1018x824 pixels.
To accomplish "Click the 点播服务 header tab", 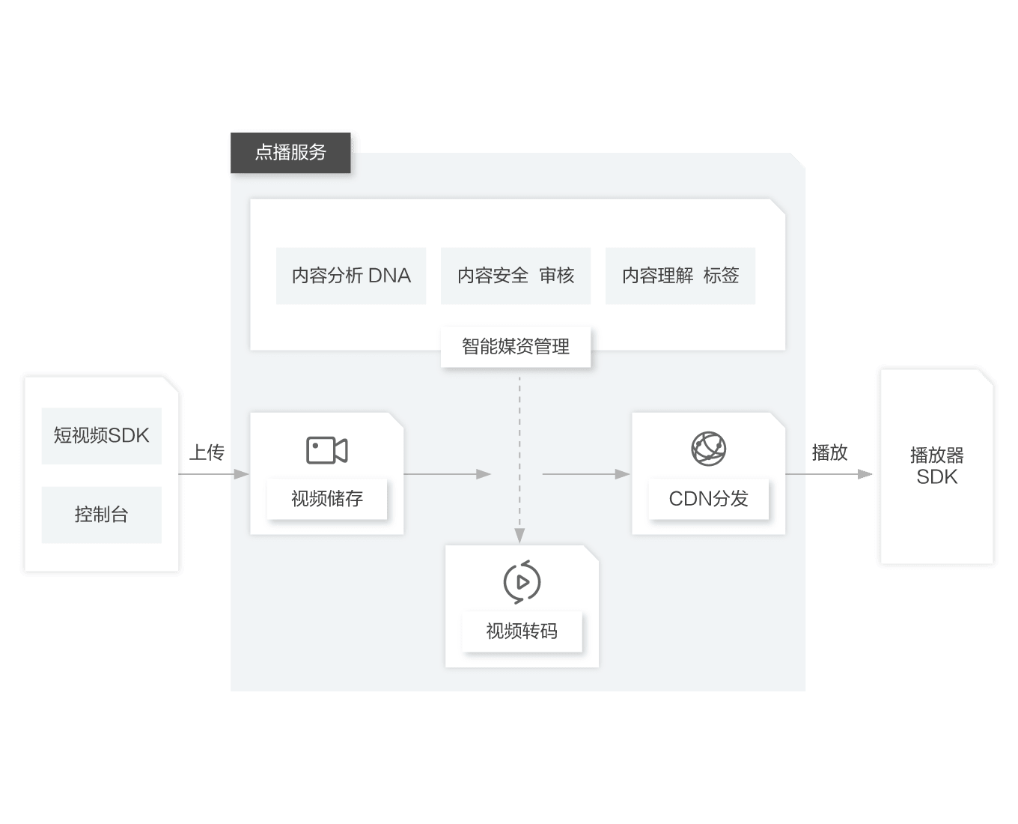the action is (290, 153).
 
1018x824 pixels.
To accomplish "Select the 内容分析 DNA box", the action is (351, 276).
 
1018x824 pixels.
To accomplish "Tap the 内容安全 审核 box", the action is (516, 276).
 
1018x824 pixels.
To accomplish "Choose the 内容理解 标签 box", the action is (680, 276).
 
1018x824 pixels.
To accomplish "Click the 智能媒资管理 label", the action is (516, 347).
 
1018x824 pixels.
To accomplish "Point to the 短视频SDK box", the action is (102, 435).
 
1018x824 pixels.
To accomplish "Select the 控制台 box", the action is (102, 515).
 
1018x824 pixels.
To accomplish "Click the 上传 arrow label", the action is (207, 452).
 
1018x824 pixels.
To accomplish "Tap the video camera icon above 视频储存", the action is (327, 450).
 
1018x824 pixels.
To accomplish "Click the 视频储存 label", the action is (327, 499).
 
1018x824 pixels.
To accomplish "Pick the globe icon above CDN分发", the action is (708, 449).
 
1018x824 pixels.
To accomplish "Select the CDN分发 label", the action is (708, 499).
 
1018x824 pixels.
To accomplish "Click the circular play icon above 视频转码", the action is (522, 581).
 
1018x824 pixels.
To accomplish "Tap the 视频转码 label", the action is (522, 631).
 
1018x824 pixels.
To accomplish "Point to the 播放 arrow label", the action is (829, 452).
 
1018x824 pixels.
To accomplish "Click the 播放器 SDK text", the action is (936, 466).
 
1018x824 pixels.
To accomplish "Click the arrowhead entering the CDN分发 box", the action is (622, 474).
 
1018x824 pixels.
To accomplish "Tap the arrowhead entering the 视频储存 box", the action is (241, 474).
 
